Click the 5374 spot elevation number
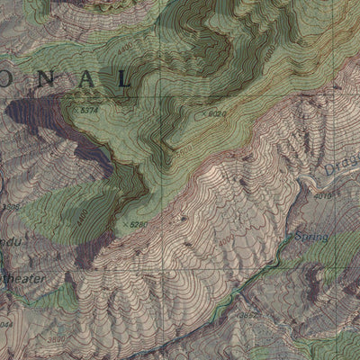89,110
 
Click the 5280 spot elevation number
139,224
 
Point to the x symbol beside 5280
124,222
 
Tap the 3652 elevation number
246,315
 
